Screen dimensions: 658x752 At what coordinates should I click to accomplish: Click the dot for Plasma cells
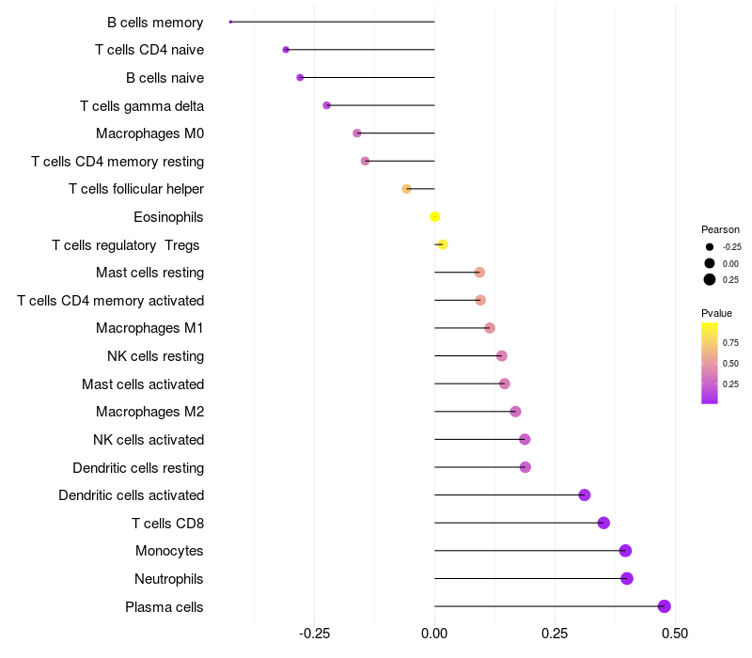(x=665, y=606)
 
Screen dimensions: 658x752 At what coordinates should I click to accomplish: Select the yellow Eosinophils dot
(x=434, y=217)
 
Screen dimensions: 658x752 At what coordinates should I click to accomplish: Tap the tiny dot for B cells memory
(x=230, y=22)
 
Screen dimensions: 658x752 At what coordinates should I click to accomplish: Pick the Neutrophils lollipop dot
(x=627, y=578)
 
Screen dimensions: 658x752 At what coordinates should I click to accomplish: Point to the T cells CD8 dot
(x=603, y=523)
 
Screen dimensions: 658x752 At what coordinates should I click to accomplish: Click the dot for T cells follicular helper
(x=406, y=189)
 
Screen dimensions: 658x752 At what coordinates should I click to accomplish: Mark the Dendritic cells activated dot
(x=585, y=494)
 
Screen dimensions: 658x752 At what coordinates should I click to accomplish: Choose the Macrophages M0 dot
(x=357, y=133)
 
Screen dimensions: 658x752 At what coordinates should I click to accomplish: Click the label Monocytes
(x=169, y=551)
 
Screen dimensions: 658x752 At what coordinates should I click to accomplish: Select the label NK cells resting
(x=155, y=356)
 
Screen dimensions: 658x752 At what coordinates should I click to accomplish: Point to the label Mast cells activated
(x=143, y=384)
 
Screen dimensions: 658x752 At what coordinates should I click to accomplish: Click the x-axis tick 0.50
(x=675, y=634)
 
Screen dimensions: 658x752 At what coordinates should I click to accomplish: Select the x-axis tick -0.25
(x=314, y=634)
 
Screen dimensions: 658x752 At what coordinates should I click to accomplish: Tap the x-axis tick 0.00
(x=434, y=634)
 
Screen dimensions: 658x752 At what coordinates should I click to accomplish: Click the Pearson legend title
(x=720, y=229)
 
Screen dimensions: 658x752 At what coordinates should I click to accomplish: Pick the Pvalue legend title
(x=716, y=313)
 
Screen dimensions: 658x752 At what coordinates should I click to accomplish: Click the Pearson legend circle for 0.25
(x=710, y=279)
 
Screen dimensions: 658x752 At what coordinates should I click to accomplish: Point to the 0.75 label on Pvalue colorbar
(x=730, y=342)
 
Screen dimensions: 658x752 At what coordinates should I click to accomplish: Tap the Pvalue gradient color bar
(x=710, y=363)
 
